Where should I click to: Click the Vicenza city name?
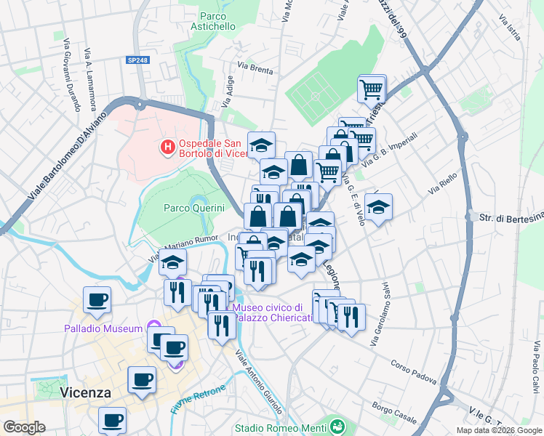pyautogui.click(x=86, y=392)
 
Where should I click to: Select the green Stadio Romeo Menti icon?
pyautogui.click(x=336, y=425)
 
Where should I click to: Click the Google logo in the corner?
pyautogui.click(x=24, y=427)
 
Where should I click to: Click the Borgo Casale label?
pyautogui.click(x=393, y=411)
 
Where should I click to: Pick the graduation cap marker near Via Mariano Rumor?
pyautogui.click(x=172, y=262)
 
